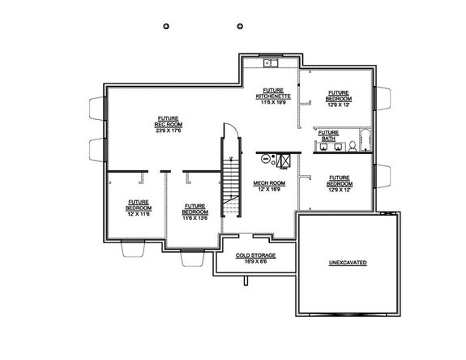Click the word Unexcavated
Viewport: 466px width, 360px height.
(x=348, y=264)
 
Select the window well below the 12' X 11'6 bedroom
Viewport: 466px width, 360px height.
(x=133, y=250)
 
